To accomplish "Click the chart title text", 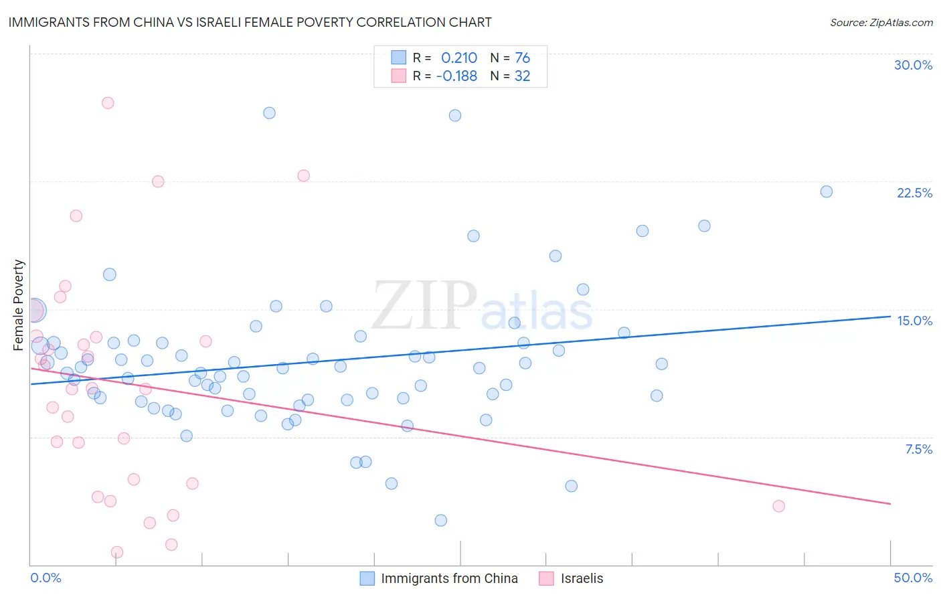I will tap(250, 23).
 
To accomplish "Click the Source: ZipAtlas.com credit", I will tap(881, 23).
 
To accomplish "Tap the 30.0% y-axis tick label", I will tap(913, 65).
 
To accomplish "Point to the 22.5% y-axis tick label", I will tap(914, 193).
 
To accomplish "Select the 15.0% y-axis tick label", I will tap(914, 321).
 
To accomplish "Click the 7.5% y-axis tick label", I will tap(918, 449).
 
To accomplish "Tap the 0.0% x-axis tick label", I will tap(46, 578).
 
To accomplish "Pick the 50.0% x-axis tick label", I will tap(913, 578).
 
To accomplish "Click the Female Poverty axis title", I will tap(19, 305).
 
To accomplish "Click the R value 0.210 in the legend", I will tap(459, 58).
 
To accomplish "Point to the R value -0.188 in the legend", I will tap(456, 76).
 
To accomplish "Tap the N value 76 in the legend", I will tap(522, 58).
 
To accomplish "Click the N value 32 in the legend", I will tap(522, 76).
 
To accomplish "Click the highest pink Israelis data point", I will tap(108, 103).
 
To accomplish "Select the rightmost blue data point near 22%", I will tap(827, 191).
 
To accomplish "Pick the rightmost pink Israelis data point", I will tap(778, 506).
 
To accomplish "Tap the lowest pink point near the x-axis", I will tap(117, 552).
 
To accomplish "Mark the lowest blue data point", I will tap(440, 520).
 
